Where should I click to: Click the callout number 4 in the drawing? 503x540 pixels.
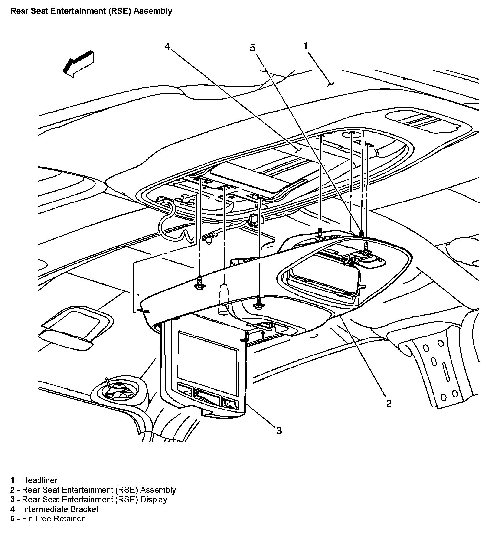[167, 47]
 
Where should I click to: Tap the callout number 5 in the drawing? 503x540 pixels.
[252, 48]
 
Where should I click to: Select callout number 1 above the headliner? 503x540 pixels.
[306, 46]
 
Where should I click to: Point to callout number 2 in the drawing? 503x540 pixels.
[389, 403]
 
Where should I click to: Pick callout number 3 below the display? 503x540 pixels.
[279, 430]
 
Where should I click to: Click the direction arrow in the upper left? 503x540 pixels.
[78, 64]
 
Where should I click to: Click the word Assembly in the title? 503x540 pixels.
[156, 11]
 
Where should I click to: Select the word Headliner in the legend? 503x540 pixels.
[39, 480]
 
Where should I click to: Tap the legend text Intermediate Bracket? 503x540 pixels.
[60, 509]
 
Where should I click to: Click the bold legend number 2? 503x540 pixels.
[12, 490]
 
